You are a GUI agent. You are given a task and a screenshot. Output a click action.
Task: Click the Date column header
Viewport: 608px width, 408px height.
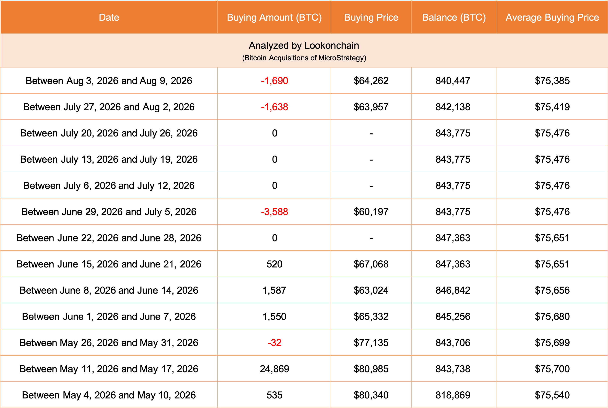pos(109,17)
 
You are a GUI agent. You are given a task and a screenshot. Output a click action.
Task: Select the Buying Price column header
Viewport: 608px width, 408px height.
pos(371,17)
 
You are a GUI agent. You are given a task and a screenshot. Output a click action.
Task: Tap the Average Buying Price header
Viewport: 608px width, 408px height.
pos(552,17)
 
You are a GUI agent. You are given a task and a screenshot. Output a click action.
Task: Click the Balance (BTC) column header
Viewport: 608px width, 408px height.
pos(454,17)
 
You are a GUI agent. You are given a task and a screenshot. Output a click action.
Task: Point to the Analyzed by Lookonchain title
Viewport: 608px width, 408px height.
pos(304,45)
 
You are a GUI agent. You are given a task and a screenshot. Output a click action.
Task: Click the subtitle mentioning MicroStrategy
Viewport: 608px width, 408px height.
pos(304,58)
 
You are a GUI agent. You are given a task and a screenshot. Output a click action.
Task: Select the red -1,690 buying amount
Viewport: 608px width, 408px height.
pos(275,81)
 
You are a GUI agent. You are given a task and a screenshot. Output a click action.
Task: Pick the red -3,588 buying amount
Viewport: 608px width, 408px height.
pos(275,212)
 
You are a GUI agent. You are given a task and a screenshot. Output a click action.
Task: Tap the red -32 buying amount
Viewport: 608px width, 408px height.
pos(275,343)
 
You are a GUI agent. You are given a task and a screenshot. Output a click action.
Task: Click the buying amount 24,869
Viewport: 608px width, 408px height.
pos(275,369)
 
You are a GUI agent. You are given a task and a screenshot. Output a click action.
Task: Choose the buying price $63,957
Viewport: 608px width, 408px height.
pos(371,107)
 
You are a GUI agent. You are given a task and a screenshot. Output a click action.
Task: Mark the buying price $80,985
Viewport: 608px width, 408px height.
pos(371,369)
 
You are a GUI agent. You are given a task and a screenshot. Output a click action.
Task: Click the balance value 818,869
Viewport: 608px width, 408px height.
pos(453,395)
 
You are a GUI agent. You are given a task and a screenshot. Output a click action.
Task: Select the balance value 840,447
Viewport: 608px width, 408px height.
pos(453,81)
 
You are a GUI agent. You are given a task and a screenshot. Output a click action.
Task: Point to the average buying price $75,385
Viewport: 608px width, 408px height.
pos(552,81)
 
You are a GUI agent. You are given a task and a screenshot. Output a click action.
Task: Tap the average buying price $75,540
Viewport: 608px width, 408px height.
pos(552,395)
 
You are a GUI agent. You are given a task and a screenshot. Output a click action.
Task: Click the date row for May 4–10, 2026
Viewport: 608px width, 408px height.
pos(109,395)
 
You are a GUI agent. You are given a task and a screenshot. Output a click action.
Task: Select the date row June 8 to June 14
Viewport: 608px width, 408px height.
pos(109,290)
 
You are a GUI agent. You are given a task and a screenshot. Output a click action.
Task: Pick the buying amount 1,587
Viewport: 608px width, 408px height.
pos(275,290)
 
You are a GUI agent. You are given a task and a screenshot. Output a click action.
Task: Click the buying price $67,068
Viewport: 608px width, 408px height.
pos(371,264)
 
